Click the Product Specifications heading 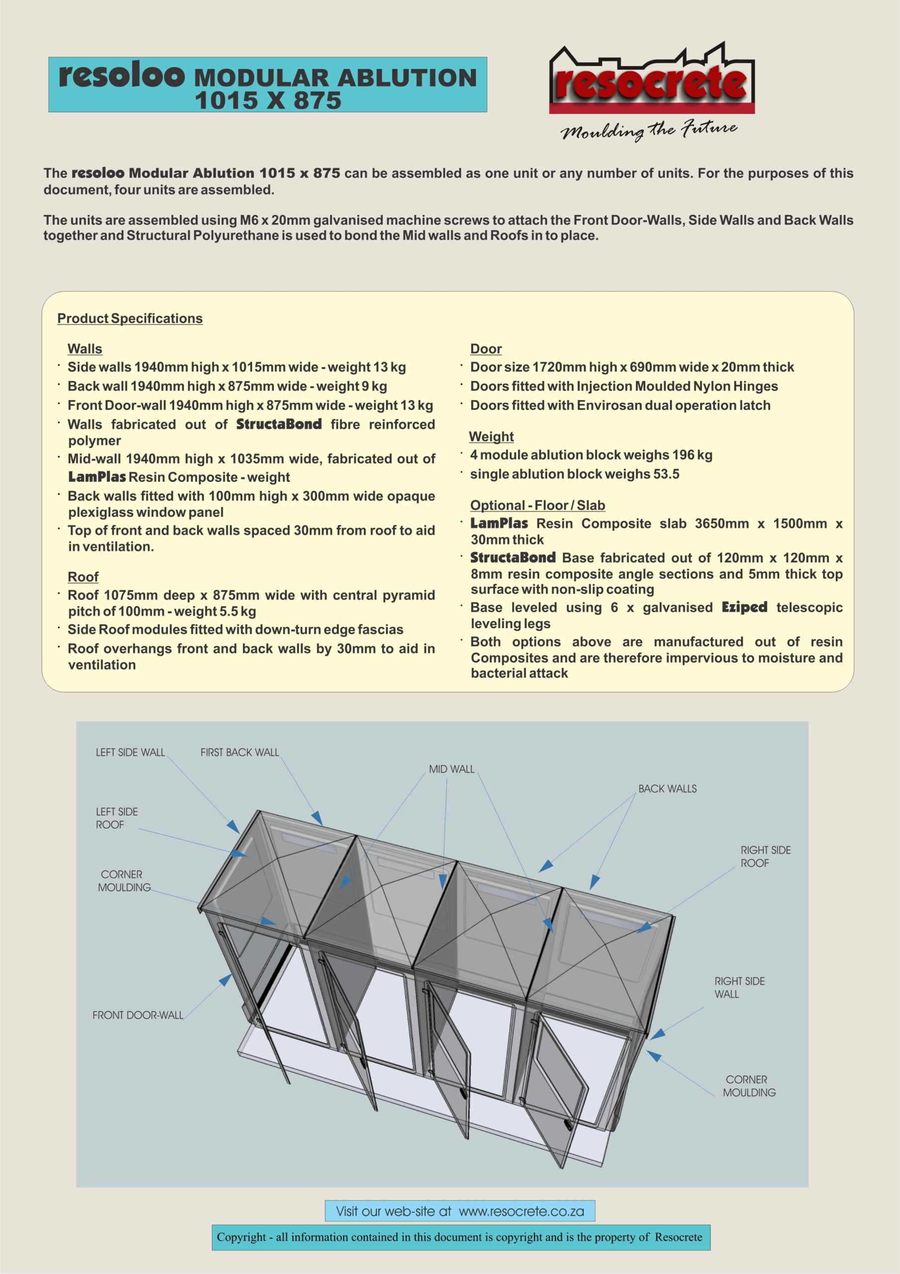(x=130, y=318)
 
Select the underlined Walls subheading (x=85, y=349)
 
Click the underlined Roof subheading (x=83, y=577)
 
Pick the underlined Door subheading (x=486, y=349)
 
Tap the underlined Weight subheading (x=491, y=436)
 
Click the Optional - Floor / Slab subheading (x=538, y=506)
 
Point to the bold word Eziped (x=744, y=607)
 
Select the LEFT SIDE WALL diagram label (x=130, y=752)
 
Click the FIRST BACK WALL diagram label (x=240, y=752)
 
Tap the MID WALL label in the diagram (x=451, y=769)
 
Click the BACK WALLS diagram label (x=667, y=788)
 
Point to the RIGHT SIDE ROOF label (x=765, y=856)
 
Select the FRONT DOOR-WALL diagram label (x=138, y=1015)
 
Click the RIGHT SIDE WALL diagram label (x=739, y=987)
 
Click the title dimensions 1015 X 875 (x=268, y=101)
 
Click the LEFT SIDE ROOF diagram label (x=116, y=818)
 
